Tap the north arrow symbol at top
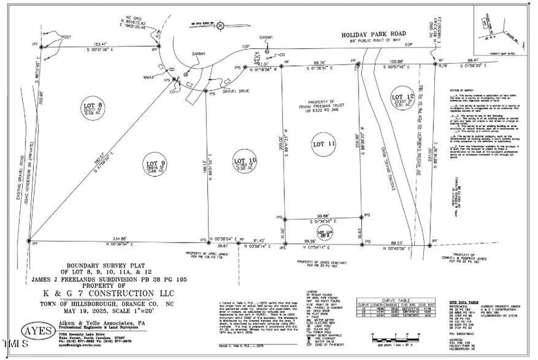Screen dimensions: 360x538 [x=220, y=26]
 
